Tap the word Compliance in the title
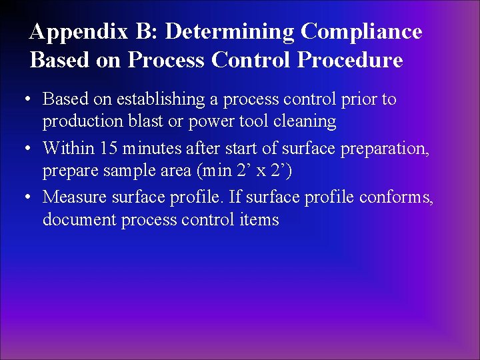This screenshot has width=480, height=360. coord(361,32)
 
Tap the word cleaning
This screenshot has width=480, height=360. coord(304,121)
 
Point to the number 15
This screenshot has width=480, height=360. coord(109,149)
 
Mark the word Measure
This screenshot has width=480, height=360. coord(70,198)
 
